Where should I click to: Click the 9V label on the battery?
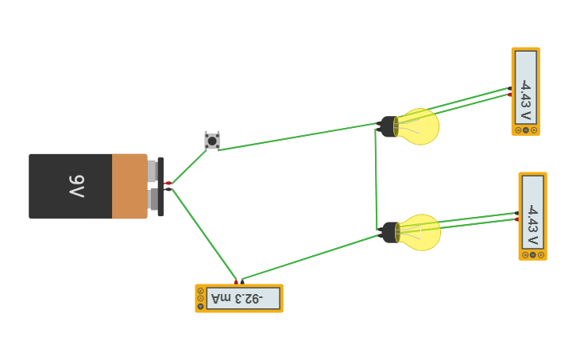[76, 187]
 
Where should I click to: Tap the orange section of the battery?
[129, 187]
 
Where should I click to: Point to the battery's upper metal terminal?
[152, 171]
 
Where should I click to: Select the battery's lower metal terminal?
[152, 199]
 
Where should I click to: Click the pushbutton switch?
[212, 141]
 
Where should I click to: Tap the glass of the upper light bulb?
[419, 126]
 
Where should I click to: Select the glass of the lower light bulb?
[421, 232]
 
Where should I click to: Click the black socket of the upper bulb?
[389, 126]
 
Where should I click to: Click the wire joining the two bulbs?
[376, 179]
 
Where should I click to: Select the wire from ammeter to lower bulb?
[310, 257]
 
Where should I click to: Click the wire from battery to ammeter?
[204, 234]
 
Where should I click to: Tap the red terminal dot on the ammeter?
[236, 281]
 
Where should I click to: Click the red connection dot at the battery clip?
[168, 184]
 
